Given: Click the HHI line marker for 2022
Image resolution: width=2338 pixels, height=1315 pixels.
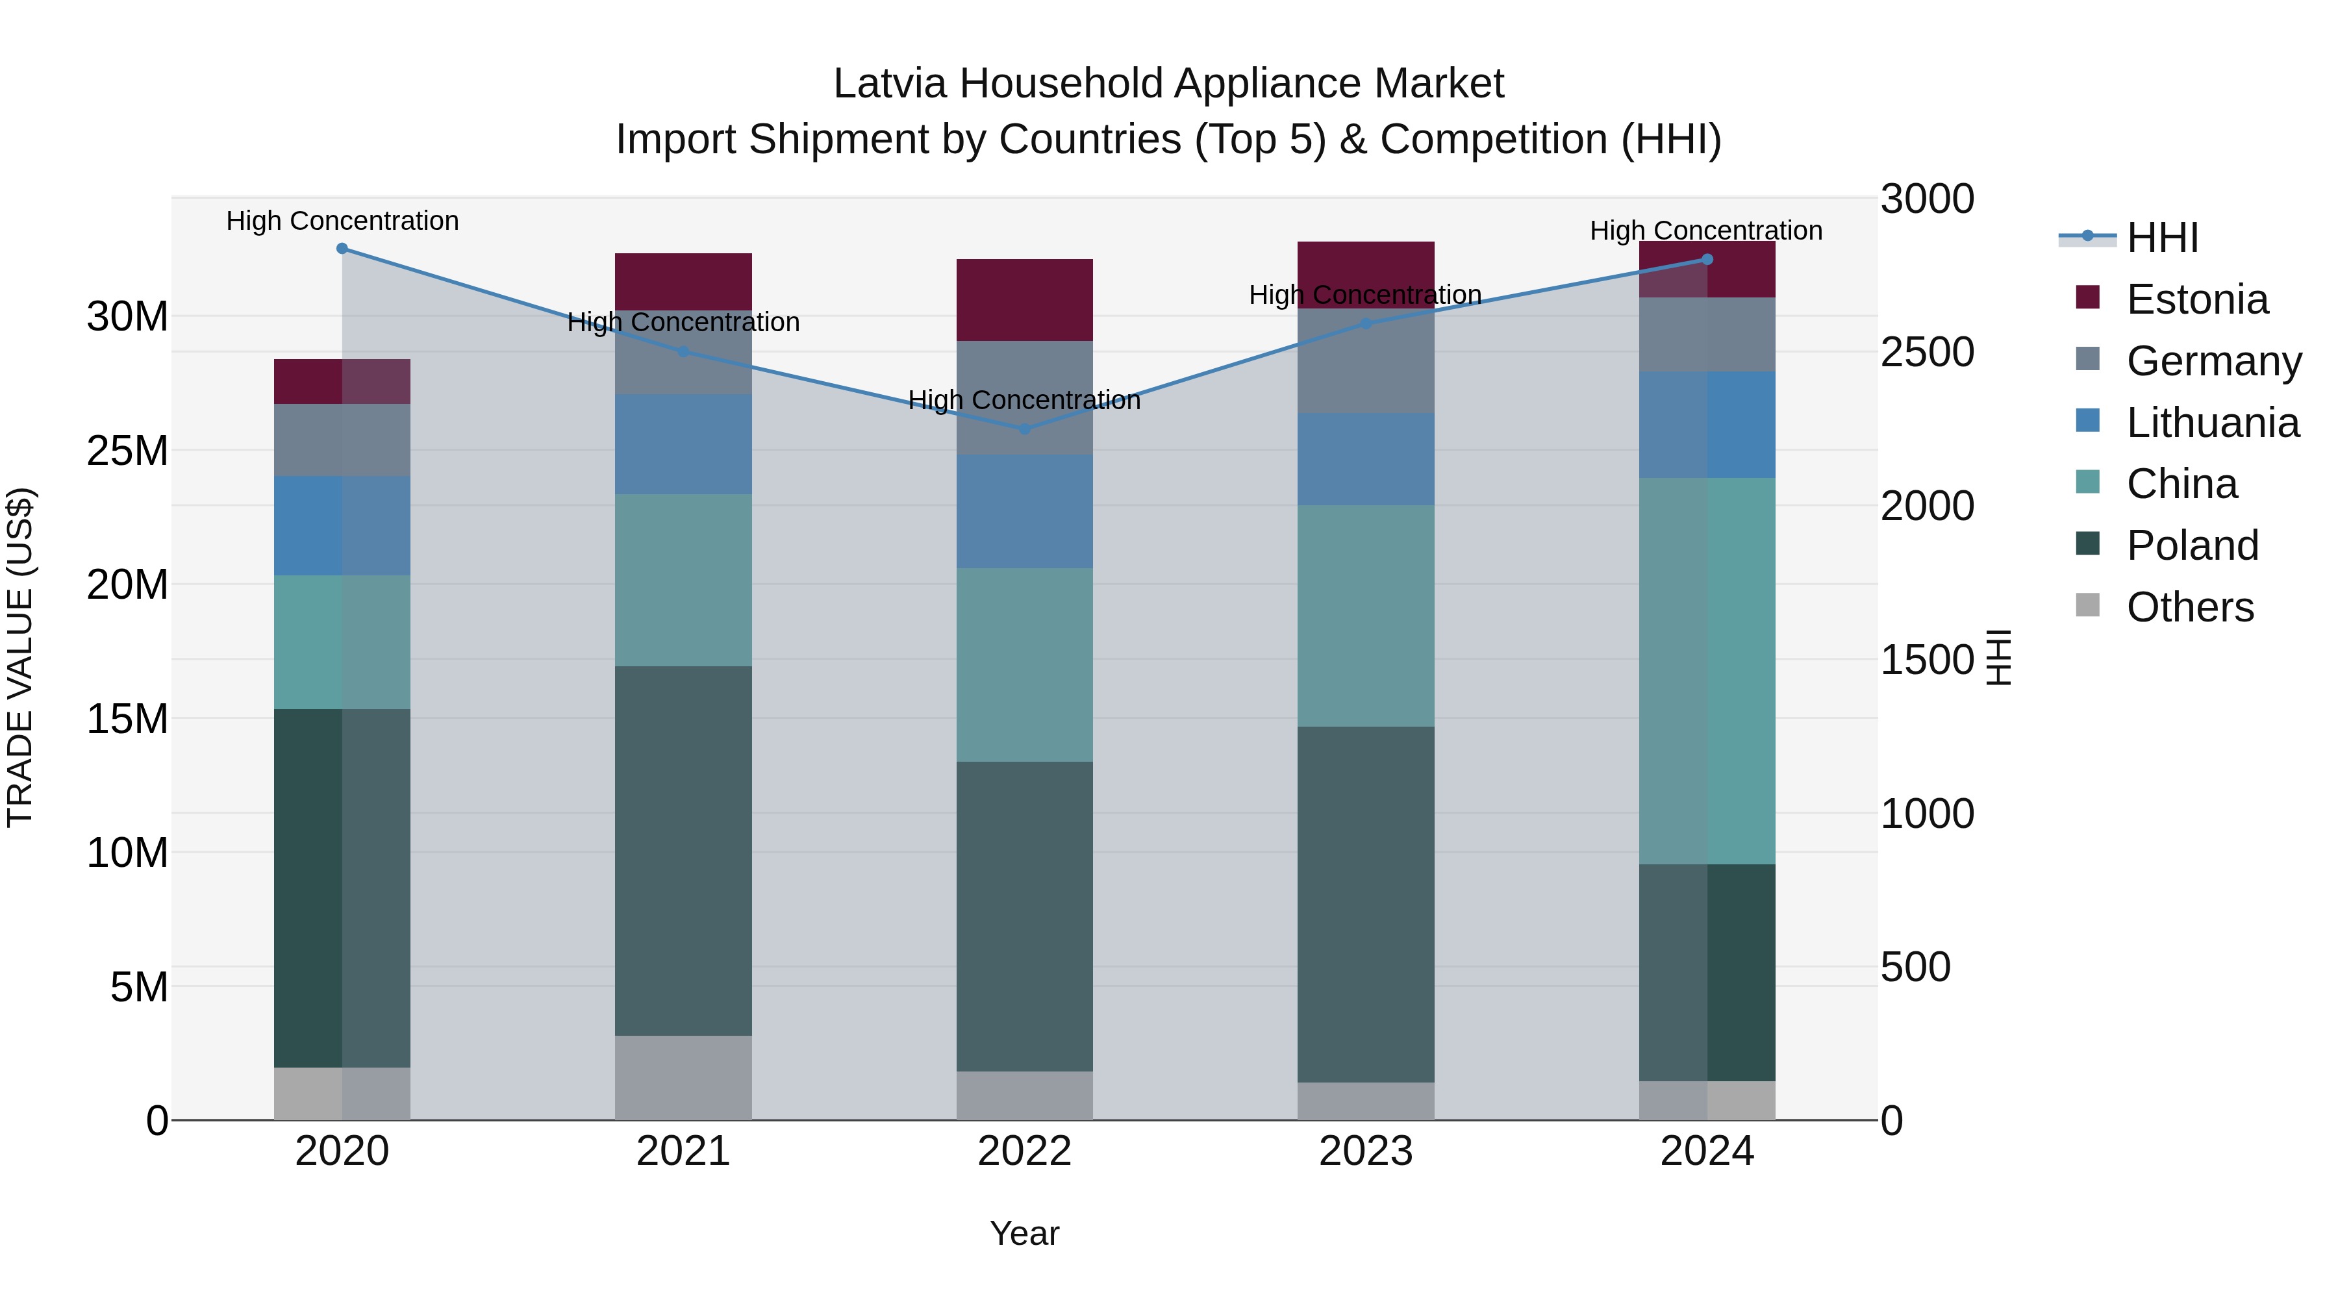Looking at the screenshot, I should click(x=1025, y=429).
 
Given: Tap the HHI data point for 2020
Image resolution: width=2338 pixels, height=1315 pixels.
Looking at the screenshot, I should click(x=342, y=249).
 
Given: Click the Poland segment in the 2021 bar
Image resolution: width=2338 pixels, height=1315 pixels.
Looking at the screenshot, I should click(x=683, y=850).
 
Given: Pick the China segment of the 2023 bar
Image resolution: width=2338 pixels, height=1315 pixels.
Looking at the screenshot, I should click(x=1366, y=616).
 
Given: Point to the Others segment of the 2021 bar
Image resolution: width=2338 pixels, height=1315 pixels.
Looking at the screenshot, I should click(x=683, y=1077).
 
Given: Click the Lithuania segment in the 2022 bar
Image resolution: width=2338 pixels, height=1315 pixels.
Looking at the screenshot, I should click(x=1025, y=511).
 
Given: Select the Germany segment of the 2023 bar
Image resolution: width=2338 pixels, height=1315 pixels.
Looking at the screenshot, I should click(x=1366, y=361).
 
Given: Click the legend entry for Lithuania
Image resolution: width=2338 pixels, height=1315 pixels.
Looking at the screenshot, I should click(x=2212, y=423).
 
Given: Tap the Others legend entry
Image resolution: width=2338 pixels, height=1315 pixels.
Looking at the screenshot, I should click(x=2189, y=607).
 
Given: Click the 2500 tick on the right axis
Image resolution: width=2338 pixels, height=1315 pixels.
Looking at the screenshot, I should click(x=1926, y=352).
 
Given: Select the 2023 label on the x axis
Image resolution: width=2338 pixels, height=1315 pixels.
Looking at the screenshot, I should click(x=1366, y=1151).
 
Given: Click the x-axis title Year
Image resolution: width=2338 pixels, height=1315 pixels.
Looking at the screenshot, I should click(x=1025, y=1233).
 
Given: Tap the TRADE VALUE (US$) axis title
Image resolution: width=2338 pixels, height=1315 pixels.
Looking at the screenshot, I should click(x=20, y=657).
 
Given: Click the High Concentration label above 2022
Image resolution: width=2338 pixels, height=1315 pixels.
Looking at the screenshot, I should click(x=1025, y=400).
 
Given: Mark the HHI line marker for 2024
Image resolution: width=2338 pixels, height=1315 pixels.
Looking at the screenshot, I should click(x=1707, y=260).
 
